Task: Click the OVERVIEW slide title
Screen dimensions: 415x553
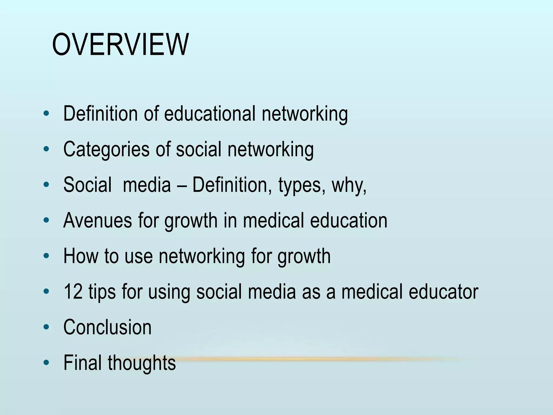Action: pyautogui.click(x=120, y=45)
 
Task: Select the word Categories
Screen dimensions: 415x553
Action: pyautogui.click(x=106, y=149)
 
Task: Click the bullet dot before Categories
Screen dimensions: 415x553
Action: pyautogui.click(x=46, y=149)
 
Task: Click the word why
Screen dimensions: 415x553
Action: pyautogui.click(x=349, y=185)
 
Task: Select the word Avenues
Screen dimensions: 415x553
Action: pyautogui.click(x=97, y=221)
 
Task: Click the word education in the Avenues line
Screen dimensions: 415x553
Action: pyautogui.click(x=349, y=221)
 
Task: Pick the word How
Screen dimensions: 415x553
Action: pyautogui.click(x=81, y=256)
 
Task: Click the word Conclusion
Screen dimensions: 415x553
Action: pyautogui.click(x=107, y=327)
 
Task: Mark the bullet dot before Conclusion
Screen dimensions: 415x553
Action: pyautogui.click(x=46, y=327)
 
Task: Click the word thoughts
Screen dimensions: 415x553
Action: pyautogui.click(x=142, y=363)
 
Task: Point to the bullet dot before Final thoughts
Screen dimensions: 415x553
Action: pyautogui.click(x=46, y=363)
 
